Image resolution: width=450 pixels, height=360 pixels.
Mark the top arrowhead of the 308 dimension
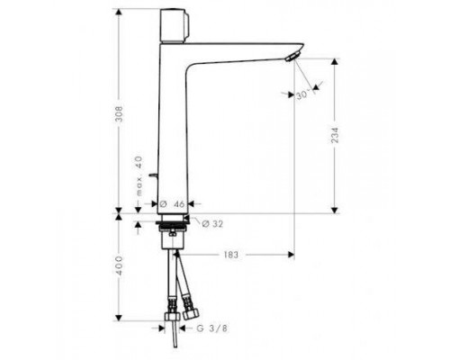coord(118,13)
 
